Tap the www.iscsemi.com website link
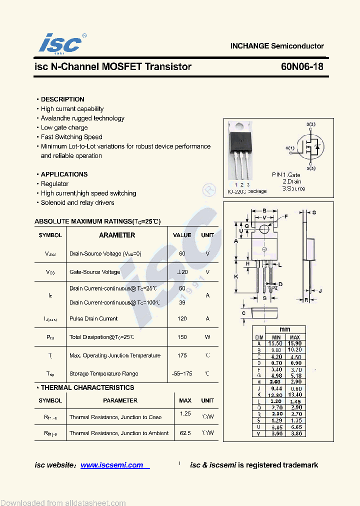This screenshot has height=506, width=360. [112, 465]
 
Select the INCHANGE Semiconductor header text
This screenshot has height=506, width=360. [277, 46]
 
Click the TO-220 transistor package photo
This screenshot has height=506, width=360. [241, 150]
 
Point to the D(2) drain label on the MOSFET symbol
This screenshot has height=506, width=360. [310, 124]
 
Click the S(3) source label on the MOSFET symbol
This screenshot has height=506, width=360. [310, 168]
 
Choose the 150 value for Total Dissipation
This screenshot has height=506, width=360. [182, 337]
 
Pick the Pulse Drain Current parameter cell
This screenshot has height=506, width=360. [93, 318]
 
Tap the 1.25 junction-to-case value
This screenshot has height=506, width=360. [185, 414]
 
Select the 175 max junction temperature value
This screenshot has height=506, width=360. [182, 355]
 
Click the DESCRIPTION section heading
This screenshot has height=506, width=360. [62, 99]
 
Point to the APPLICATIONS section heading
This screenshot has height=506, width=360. [64, 174]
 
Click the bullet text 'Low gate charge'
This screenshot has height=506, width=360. [64, 127]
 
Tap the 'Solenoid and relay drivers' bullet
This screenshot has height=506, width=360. [77, 202]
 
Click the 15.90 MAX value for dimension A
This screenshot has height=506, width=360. [295, 343]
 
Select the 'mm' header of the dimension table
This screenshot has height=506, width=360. [284, 329]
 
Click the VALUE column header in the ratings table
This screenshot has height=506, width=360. [182, 235]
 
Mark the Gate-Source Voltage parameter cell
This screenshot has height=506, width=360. [94, 272]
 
